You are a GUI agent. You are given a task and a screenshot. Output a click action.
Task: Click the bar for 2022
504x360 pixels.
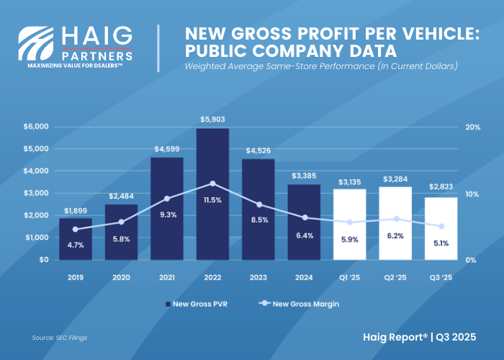pos(212,194)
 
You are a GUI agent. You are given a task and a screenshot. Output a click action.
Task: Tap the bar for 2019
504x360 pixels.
pos(76,238)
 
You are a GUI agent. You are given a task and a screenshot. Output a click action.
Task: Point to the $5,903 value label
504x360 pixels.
pos(212,119)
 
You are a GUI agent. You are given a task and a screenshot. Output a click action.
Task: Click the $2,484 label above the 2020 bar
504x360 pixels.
pos(122,196)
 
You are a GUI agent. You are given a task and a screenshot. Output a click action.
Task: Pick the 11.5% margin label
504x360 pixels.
pos(213,199)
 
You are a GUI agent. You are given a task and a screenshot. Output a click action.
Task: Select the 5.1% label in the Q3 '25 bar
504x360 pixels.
pos(441,243)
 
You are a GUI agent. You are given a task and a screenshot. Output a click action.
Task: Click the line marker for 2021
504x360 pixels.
pos(167,198)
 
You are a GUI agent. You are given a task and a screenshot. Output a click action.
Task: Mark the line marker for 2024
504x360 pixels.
pos(304,217)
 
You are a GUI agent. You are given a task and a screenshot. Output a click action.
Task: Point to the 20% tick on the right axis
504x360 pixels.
pos(473,127)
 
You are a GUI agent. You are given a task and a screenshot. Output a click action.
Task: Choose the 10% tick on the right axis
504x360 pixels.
pos(473,194)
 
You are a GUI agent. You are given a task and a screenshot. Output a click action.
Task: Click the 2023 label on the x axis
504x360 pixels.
pos(258,276)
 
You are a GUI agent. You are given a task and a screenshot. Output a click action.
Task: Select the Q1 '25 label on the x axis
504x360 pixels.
pos(350,276)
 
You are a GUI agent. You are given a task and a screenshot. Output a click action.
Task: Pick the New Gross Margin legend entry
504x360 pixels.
pos(297,304)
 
